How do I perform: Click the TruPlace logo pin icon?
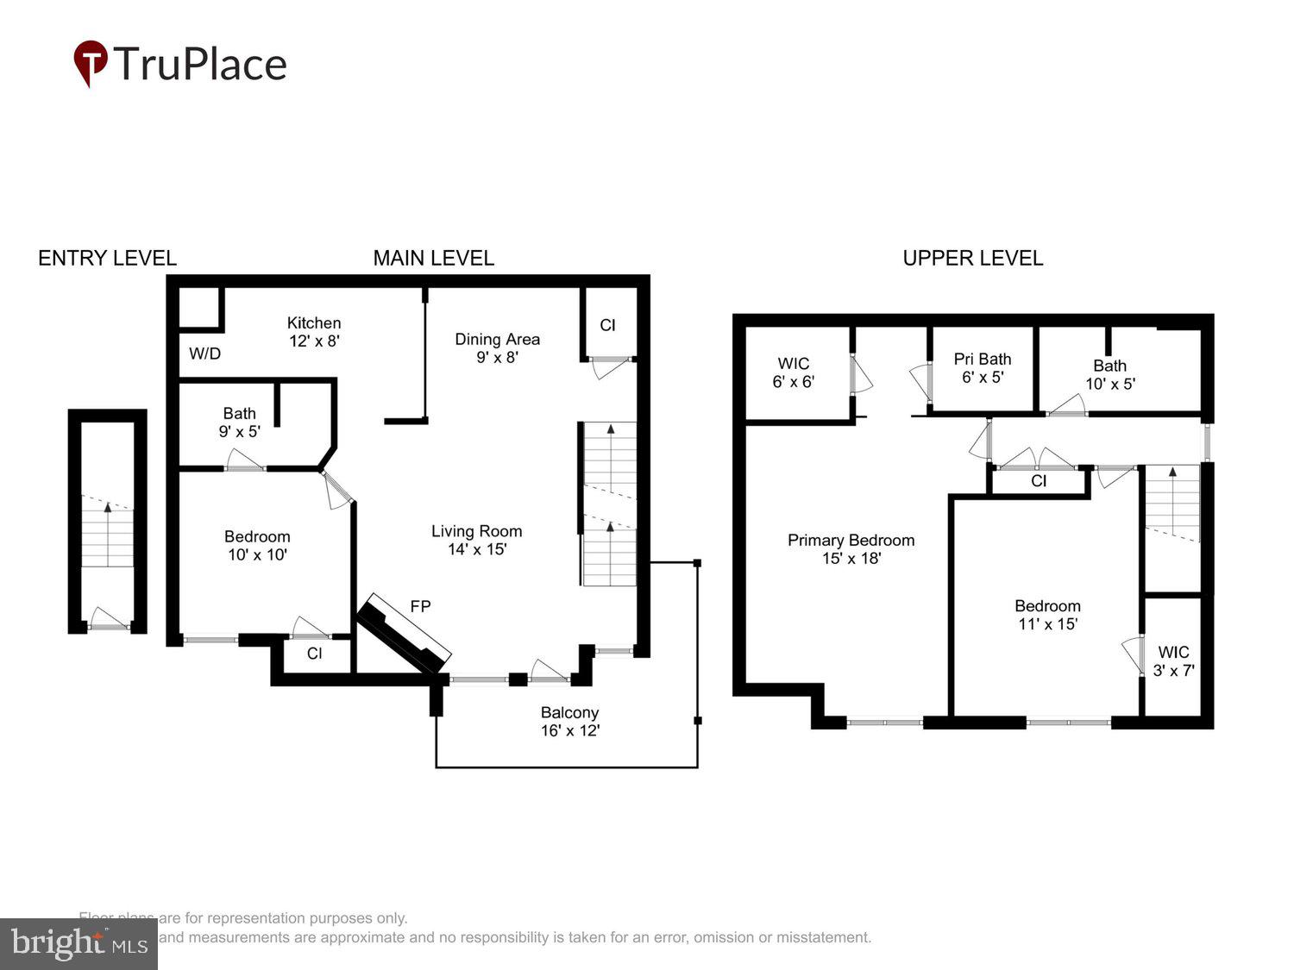tap(90, 62)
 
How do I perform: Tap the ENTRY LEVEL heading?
tap(107, 258)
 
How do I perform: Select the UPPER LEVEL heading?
tap(972, 258)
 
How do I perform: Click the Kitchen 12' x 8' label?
tap(314, 332)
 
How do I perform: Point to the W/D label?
tap(204, 354)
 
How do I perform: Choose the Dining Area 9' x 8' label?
tap(497, 348)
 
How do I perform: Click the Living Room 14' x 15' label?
tap(476, 541)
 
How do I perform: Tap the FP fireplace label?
tap(420, 606)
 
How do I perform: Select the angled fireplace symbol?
tap(404, 633)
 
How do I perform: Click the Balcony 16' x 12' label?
tap(569, 722)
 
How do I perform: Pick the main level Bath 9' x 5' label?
tap(239, 422)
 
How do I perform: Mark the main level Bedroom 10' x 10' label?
tap(257, 546)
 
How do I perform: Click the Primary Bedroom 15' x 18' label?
tap(851, 549)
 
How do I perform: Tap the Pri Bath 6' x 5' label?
tap(982, 368)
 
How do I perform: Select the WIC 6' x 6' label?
tap(793, 372)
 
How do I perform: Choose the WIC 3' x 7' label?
tap(1173, 661)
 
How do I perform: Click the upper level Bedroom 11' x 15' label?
tap(1047, 615)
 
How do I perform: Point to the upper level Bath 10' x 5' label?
tap(1109, 375)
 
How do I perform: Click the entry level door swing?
tap(108, 617)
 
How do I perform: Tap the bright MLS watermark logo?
tap(79, 944)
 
